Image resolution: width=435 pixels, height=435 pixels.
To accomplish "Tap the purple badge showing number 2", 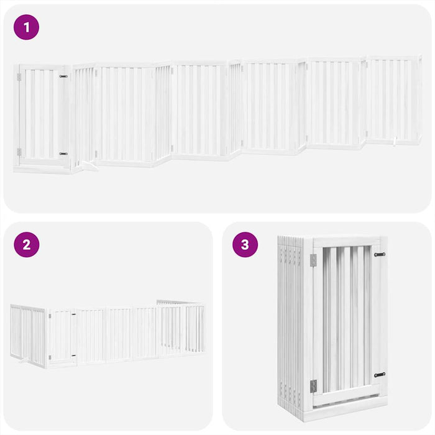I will tap(26, 244).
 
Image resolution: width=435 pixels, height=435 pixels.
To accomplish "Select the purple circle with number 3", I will tap(245, 244).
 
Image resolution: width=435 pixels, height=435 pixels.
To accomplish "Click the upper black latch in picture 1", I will tap(63, 76).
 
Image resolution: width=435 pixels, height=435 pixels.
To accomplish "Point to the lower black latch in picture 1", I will tap(63, 153).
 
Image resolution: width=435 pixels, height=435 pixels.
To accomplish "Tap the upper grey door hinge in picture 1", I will tap(19, 77).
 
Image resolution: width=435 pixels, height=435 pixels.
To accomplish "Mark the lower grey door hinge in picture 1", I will tap(19, 152).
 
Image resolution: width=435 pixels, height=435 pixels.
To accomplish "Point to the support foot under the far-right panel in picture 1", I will tap(395, 145).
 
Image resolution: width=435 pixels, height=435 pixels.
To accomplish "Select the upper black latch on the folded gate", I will tap(379, 254).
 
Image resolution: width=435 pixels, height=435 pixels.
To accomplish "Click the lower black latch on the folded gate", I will tap(379, 375).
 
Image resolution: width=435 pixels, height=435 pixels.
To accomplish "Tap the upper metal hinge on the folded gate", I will tap(313, 260).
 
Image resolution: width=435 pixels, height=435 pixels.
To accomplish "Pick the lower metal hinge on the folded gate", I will tap(313, 386).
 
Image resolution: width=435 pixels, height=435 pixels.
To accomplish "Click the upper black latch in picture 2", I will tap(73, 314).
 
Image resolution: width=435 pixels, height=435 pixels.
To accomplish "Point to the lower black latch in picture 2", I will tap(73, 355).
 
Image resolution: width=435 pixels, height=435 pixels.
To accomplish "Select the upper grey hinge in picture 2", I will tap(50, 316).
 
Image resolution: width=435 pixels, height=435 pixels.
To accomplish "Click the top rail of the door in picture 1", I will tap(41, 67).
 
